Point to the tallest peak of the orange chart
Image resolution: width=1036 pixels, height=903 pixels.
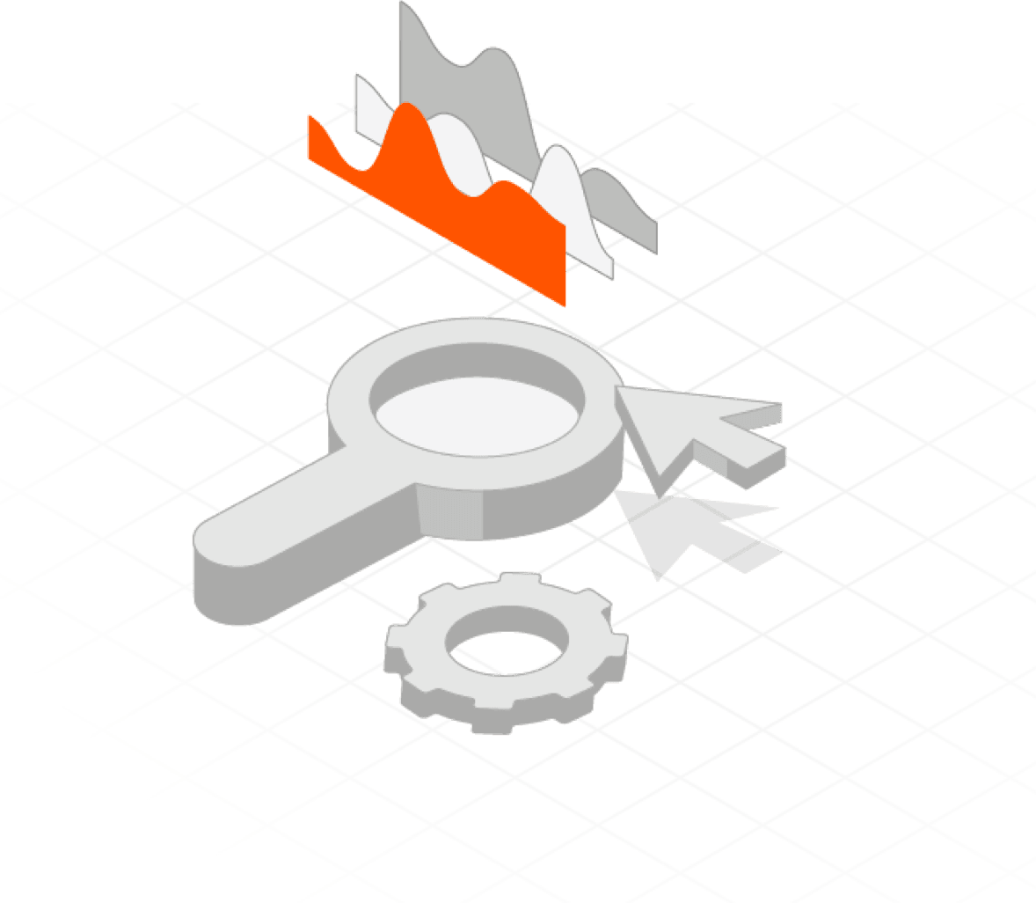click(x=405, y=107)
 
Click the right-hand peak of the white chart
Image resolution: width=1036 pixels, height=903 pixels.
click(x=557, y=151)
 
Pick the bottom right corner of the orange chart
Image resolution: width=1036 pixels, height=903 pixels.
click(x=564, y=304)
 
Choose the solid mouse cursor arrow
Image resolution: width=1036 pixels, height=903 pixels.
click(x=695, y=431)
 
